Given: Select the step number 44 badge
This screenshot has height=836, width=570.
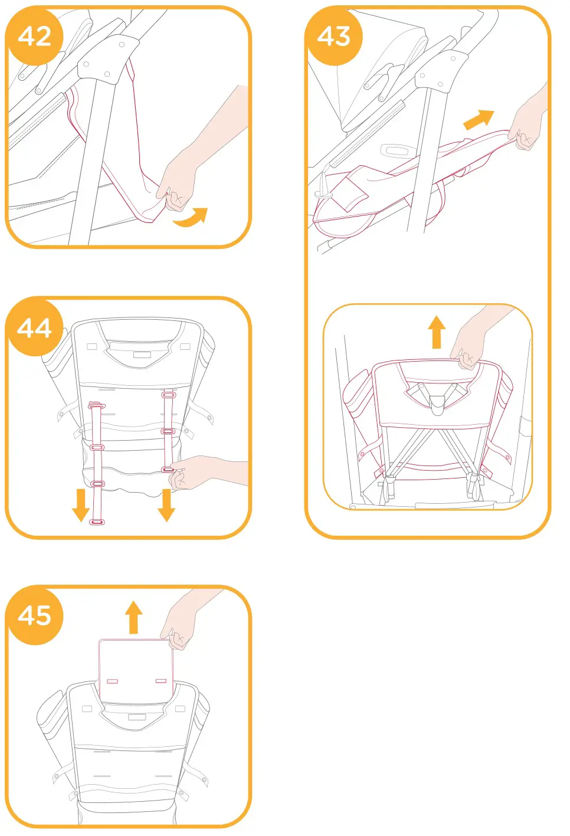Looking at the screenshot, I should pos(34,327).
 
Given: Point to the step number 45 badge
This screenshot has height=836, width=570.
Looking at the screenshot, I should pos(34,615).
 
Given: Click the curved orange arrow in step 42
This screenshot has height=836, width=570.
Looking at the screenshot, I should pos(191,218).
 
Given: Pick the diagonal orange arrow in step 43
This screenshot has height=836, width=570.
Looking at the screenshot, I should pos(478,120).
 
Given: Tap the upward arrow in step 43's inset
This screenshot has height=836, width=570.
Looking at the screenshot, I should pos(437,332).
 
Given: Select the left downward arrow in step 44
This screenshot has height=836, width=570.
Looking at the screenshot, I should pos(81,504).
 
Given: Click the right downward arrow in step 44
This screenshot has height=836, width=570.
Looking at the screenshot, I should pos(166,504).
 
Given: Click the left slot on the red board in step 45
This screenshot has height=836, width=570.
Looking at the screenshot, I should pos(112,681).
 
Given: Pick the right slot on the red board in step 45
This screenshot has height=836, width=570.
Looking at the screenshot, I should pos(160,681).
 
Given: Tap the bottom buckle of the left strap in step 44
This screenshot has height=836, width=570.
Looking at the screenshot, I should pos(97,522).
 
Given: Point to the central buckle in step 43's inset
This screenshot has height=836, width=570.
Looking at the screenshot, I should pos(437,403).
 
